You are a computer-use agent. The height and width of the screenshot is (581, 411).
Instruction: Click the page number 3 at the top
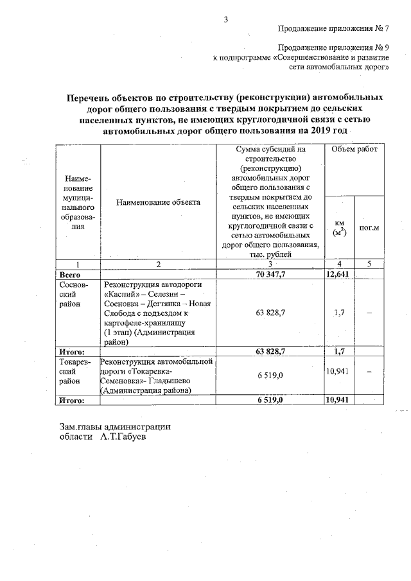[225, 19]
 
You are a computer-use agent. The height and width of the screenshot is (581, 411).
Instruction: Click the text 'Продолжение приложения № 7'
[333, 28]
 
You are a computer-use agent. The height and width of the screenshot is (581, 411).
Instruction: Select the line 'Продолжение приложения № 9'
[333, 48]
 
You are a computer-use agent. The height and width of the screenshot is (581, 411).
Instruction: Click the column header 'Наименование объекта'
[159, 202]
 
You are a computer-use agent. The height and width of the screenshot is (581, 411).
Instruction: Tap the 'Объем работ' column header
[354, 149]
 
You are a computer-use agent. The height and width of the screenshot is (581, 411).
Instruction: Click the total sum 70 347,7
[270, 274]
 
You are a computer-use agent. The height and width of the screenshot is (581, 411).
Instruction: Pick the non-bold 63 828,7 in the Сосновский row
[270, 313]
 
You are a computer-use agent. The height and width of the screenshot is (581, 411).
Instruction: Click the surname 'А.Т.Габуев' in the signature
[123, 437]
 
